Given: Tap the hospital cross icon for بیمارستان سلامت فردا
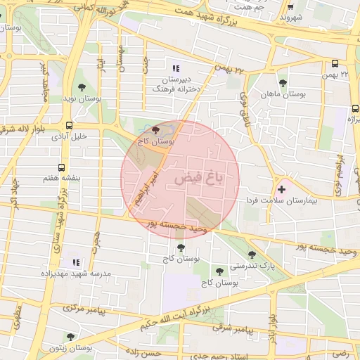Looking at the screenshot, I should [x=283, y=188].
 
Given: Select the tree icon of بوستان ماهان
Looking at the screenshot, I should [x=283, y=83].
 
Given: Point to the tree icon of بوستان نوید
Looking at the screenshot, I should [x=82, y=88].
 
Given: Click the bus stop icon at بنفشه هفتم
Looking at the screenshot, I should [x=62, y=168].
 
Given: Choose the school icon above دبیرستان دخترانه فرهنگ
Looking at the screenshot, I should [x=176, y=68].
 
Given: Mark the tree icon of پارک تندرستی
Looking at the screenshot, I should [x=252, y=255].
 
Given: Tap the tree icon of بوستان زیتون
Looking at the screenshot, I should [x=70, y=337].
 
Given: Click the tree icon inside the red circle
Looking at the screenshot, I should [x=155, y=130].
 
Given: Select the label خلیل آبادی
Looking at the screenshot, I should [x=69, y=137].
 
